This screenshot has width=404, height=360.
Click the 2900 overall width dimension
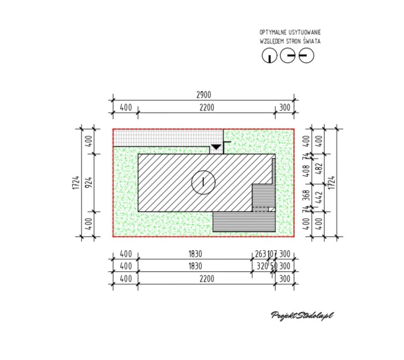point(203,95)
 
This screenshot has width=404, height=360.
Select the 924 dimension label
point(88,182)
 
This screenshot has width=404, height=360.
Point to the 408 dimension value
point(306,171)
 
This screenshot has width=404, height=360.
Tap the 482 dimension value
point(319,169)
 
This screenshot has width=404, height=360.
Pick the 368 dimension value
point(306,196)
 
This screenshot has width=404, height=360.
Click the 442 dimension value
point(319,197)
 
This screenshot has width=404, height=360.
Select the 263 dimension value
point(260,254)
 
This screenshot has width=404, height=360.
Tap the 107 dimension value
point(272,254)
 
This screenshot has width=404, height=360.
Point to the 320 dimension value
point(262,266)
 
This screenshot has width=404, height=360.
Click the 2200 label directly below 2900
point(207,107)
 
